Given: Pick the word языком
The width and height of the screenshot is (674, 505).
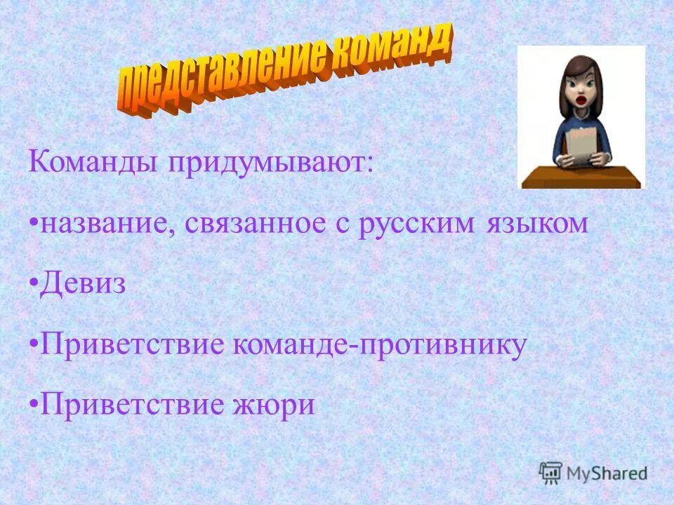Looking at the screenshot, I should [x=535, y=225].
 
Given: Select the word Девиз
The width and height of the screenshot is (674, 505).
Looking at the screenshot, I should [x=83, y=285].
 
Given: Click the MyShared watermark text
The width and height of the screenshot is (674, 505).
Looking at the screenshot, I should [x=608, y=473].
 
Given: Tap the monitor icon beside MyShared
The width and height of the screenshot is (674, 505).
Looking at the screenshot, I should [x=551, y=473].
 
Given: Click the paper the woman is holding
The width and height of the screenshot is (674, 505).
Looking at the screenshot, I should [x=581, y=144].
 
